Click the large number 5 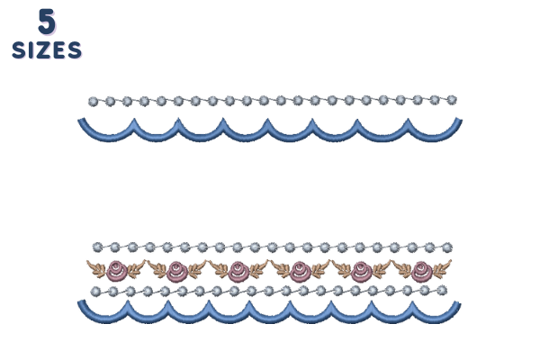click(x=47, y=22)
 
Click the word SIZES click(x=47, y=50)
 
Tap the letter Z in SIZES click(x=43, y=50)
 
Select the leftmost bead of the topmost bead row click(x=93, y=102)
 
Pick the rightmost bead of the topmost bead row click(x=452, y=100)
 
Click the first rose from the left click(x=117, y=271)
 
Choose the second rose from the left click(x=177, y=271)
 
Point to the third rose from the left click(x=238, y=271)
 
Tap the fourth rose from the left click(x=300, y=271)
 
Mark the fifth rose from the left click(x=361, y=271)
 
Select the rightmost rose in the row click(x=422, y=271)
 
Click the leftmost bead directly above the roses click(x=97, y=247)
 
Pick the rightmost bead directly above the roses click(x=447, y=247)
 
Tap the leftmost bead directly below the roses click(x=95, y=292)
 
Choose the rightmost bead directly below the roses click(x=442, y=291)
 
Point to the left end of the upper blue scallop click(x=81, y=121)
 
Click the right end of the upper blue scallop click(x=459, y=120)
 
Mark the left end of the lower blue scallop click(x=81, y=302)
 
